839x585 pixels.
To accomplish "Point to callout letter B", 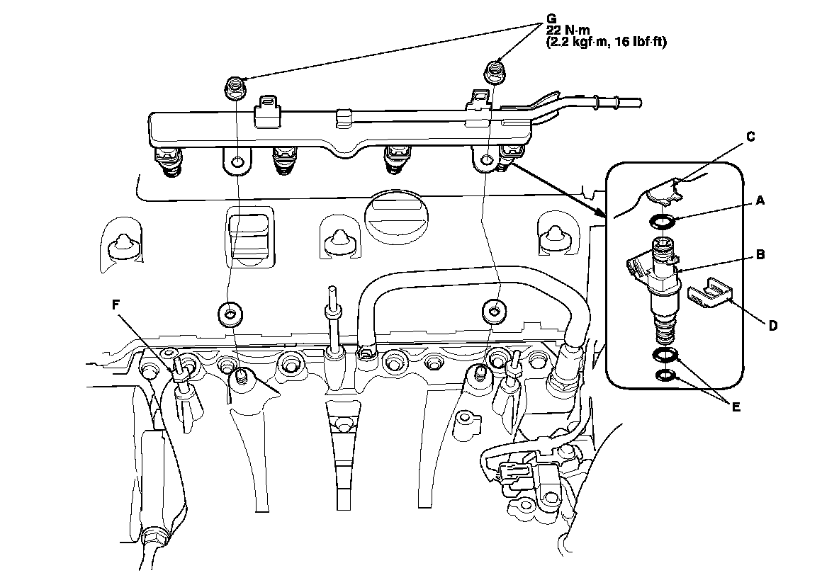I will point(759,254).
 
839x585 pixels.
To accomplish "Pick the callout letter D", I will point(773,326).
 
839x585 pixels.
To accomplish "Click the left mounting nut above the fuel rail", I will point(235,88).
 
